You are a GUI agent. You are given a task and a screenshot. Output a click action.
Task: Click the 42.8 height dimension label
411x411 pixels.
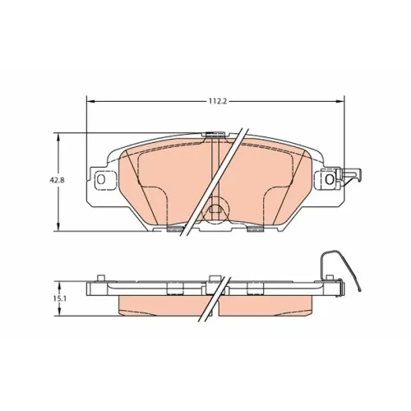(55, 180)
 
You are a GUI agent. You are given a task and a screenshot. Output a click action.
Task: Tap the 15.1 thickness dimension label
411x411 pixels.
(56, 298)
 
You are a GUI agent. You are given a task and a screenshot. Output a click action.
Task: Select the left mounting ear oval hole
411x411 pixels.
(101, 179)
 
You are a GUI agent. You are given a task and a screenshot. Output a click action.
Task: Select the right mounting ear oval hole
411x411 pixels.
(330, 179)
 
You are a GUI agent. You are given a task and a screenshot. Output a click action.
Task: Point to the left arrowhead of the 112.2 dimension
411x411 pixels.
(90, 102)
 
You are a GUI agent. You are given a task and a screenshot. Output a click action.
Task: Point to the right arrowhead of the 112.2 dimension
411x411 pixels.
(340, 102)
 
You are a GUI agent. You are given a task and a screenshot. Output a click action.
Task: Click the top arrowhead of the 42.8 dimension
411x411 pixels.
(58, 137)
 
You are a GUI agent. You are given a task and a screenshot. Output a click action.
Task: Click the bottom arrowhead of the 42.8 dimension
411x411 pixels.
(58, 227)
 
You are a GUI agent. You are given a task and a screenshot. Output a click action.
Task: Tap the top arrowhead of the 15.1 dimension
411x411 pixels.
(59, 285)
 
